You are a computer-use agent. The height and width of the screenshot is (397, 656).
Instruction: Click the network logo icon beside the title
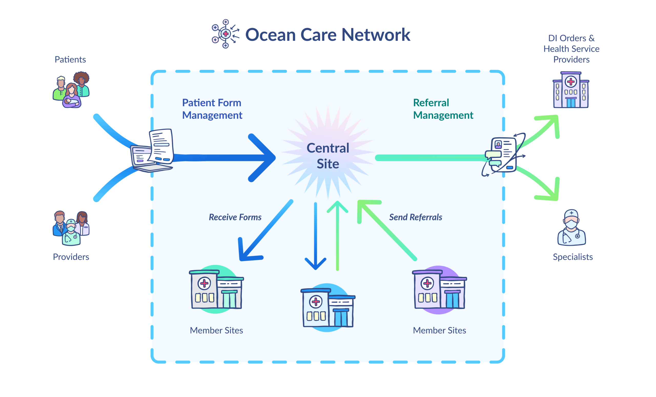coord(225,34)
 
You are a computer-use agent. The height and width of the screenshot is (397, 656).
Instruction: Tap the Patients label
coord(70,60)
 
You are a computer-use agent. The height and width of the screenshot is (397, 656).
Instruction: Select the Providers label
coord(71,257)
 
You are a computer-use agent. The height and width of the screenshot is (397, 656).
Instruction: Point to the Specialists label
coord(573,257)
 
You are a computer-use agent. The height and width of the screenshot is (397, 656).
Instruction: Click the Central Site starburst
coord(328,156)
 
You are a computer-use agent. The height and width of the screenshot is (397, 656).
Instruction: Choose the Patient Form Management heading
coord(212,109)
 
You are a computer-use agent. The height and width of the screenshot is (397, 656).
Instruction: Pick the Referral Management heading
coord(443,109)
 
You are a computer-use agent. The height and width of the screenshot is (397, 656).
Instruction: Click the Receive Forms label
coord(235,217)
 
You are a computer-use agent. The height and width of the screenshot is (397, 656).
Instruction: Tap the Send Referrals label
coord(416,217)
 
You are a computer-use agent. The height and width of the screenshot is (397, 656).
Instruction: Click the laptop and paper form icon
coord(152,151)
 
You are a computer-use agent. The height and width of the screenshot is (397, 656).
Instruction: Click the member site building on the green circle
coord(216,289)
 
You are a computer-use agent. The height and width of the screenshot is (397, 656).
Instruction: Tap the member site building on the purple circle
coord(439,290)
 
